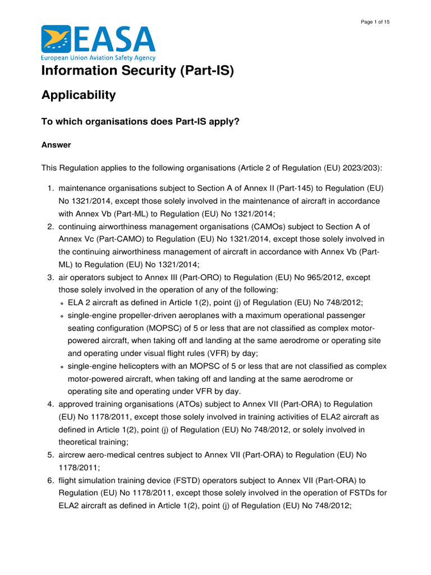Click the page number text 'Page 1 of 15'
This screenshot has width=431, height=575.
(375, 21)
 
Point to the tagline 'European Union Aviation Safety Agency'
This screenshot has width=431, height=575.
(98, 58)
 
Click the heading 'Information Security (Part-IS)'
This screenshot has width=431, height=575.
(137, 71)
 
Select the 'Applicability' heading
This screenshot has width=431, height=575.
(79, 95)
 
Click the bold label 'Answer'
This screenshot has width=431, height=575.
(56, 145)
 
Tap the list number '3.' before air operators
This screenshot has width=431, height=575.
(50, 277)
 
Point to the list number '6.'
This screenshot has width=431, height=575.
(50, 481)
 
